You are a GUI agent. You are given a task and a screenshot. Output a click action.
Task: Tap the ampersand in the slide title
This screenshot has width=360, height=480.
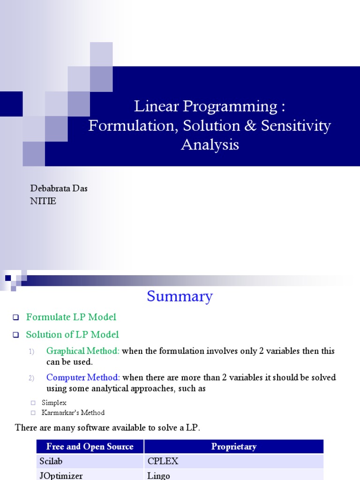point(250,126)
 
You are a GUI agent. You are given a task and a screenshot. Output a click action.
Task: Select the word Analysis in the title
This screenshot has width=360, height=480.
point(210,145)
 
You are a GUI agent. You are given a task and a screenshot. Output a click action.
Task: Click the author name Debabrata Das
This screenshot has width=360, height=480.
point(59,188)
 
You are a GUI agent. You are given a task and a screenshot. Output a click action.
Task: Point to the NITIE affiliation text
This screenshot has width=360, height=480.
point(43,201)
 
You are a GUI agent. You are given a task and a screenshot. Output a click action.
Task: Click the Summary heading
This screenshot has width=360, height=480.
point(180,296)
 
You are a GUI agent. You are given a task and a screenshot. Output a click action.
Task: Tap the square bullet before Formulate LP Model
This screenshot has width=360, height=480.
point(16,317)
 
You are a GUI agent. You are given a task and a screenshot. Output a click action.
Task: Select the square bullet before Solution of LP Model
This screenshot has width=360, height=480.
point(16,335)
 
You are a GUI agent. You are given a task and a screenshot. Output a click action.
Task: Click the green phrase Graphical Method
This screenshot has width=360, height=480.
point(82,351)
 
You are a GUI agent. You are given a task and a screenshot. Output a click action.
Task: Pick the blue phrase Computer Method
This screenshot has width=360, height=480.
point(83,377)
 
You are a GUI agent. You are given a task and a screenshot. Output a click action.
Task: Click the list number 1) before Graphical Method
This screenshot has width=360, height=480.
point(31,352)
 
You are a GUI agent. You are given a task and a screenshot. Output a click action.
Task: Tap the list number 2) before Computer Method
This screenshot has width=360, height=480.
point(31,378)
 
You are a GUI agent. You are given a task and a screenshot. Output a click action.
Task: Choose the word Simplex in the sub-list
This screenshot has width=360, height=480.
point(54,403)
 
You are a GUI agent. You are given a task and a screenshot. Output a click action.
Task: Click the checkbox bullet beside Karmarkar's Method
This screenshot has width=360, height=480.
point(33,413)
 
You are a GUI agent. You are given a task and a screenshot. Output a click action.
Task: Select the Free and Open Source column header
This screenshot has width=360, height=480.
point(90,446)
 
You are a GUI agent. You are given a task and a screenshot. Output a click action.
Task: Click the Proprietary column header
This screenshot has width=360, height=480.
point(234,446)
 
